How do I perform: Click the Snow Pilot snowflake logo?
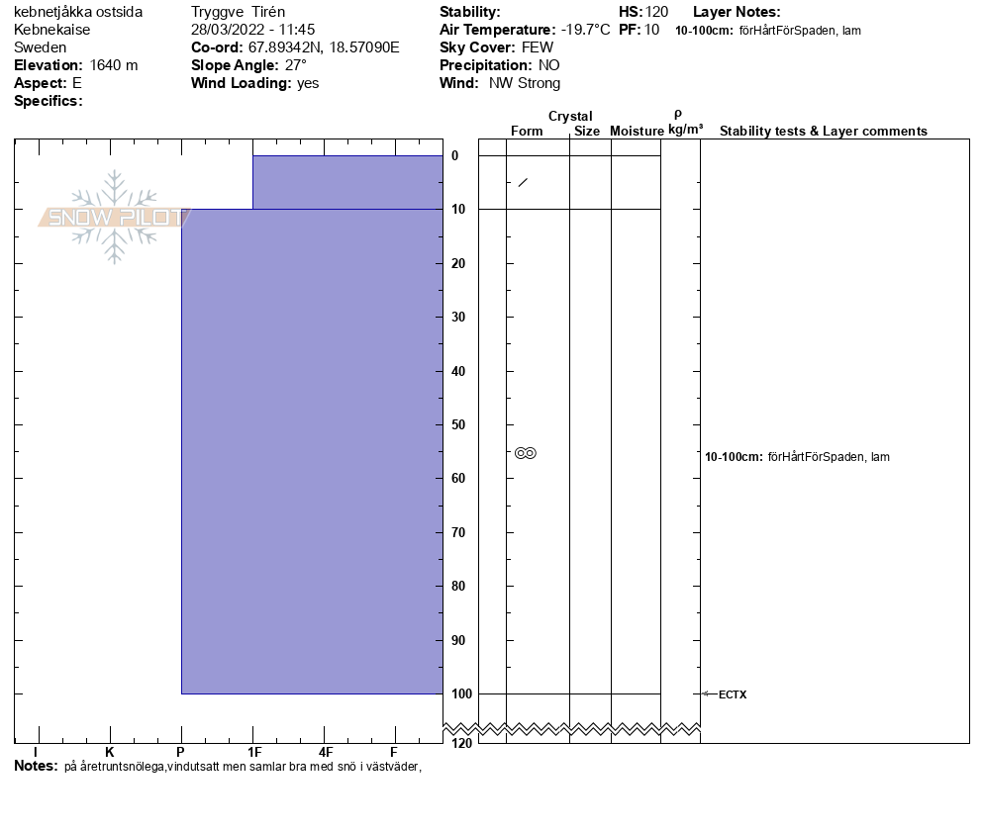coord(115,218)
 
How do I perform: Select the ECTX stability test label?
coord(733,694)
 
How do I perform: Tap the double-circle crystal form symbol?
coord(526,453)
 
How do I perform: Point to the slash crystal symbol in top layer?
coord(523,182)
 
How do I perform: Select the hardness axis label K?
coord(110,752)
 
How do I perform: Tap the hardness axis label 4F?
coord(325,752)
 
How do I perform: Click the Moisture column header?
coord(637,132)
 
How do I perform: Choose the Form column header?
coord(527,132)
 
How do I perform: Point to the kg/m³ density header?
coord(685,130)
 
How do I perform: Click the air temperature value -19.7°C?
coord(585,30)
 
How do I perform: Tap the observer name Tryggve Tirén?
coord(238,12)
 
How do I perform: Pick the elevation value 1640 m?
coord(114,65)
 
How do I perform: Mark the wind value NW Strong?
coord(525,83)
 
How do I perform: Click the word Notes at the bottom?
coord(36,766)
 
